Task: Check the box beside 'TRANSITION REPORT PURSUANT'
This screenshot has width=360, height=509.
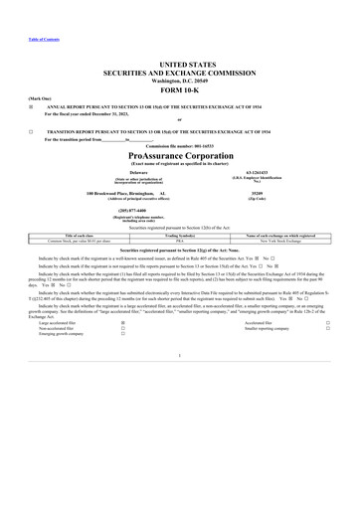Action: (32, 131)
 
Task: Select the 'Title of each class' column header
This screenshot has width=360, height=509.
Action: (80, 235)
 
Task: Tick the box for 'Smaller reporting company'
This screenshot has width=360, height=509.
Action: (328, 329)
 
